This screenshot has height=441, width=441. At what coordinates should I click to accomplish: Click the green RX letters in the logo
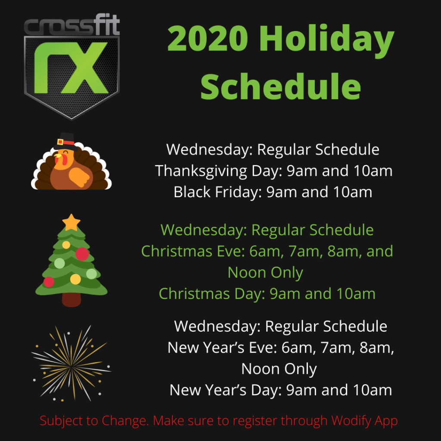(x=71, y=68)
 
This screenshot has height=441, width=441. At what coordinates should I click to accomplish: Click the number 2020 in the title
(x=208, y=38)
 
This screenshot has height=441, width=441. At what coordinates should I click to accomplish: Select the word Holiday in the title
(x=327, y=40)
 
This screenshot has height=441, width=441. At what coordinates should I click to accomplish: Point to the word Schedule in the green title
(x=280, y=86)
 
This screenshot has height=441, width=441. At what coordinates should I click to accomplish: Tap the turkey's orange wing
(x=79, y=177)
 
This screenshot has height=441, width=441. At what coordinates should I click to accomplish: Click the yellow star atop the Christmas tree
(x=71, y=223)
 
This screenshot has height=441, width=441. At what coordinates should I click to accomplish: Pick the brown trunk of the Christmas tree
(x=71, y=300)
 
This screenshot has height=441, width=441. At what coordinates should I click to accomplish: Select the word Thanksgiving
(x=201, y=171)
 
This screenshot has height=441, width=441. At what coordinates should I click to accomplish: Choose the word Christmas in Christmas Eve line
(x=177, y=251)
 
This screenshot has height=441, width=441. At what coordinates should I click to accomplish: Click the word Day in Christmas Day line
(x=250, y=294)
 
